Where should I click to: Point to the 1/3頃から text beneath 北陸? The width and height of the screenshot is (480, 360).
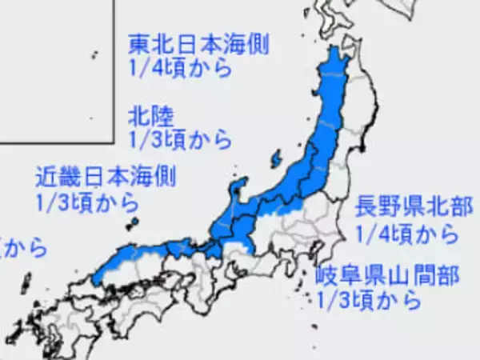(x=180, y=140)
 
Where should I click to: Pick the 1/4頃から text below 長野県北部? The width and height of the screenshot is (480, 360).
(x=408, y=235)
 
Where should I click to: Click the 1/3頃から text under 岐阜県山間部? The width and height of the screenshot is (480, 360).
(x=369, y=301)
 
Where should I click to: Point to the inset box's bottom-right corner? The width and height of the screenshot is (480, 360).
(x=110, y=142)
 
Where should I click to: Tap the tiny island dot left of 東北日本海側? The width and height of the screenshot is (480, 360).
(x=94, y=54)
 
